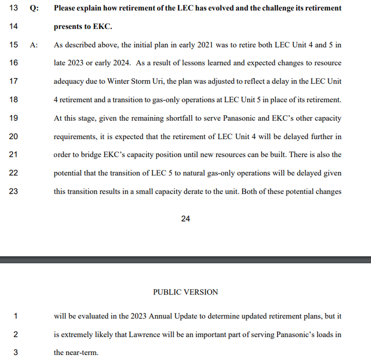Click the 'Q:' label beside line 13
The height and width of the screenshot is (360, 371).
[x=34, y=8]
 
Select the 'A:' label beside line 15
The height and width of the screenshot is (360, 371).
[x=34, y=45]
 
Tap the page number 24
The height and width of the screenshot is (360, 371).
[x=185, y=219]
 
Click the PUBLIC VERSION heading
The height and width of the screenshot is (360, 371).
[x=185, y=292]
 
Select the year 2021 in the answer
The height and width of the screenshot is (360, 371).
[x=205, y=45]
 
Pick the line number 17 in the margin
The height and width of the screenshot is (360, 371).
[x=13, y=81]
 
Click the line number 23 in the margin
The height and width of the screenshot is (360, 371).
[x=13, y=191]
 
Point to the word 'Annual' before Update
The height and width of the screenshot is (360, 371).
[x=160, y=316]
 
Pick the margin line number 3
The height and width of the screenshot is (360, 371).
[x=15, y=352]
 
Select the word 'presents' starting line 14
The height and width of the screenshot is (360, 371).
[x=67, y=27]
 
